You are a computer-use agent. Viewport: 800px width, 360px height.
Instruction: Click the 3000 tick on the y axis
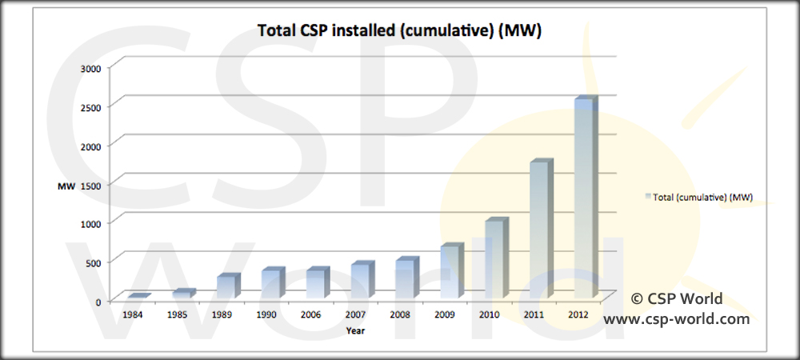click(90, 68)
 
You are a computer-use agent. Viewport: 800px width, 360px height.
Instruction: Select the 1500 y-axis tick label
click(90, 185)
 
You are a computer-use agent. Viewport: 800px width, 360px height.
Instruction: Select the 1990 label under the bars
click(266, 315)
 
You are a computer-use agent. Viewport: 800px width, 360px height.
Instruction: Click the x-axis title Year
click(356, 330)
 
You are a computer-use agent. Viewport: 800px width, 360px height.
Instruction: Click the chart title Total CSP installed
click(400, 30)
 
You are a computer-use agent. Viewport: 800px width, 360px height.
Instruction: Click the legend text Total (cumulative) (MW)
click(703, 196)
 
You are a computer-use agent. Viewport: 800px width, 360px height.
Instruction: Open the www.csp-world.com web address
click(677, 318)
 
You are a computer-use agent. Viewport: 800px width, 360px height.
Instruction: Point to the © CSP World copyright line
click(677, 299)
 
